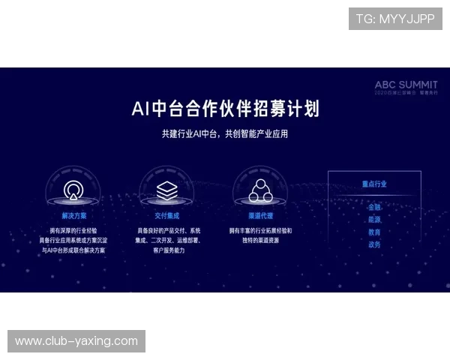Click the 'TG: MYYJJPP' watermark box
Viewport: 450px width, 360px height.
point(395,18)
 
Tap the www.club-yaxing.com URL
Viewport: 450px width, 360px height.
point(76,341)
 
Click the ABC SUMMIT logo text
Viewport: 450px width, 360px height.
point(406,85)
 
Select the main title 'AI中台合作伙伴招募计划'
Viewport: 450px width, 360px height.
point(225,109)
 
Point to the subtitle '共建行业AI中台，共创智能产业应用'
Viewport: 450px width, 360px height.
point(225,134)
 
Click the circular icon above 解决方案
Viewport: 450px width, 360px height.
point(73,190)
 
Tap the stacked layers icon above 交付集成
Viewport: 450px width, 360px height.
point(166,190)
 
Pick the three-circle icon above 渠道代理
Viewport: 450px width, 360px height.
point(260,190)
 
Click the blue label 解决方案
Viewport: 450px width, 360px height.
point(73,214)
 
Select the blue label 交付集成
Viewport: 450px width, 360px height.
point(166,214)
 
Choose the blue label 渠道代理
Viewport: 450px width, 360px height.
point(260,214)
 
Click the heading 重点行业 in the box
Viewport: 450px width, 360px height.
point(374,184)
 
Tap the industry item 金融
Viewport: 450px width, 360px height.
point(374,207)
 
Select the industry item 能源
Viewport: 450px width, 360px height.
point(374,220)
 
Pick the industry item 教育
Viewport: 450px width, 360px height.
point(374,232)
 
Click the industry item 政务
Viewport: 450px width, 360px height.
point(374,244)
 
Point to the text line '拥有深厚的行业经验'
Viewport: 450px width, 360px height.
point(73,230)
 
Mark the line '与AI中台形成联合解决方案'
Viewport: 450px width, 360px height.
point(73,250)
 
